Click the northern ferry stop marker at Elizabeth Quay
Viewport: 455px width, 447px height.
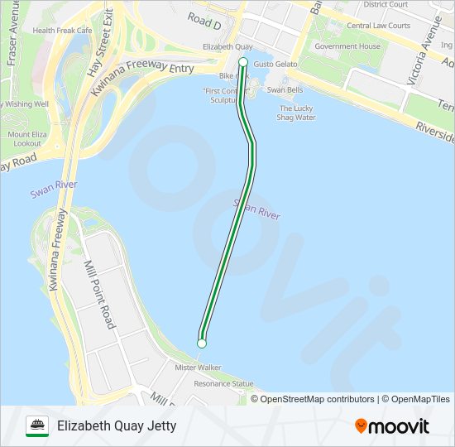coord(243,63)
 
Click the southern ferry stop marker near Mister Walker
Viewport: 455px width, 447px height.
coord(201,343)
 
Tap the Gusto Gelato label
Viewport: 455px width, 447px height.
coord(275,64)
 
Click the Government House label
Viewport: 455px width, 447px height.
coord(347,46)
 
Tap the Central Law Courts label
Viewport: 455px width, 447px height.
coord(379,26)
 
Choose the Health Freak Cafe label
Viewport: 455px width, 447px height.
coord(62,31)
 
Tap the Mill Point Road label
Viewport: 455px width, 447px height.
coord(98,295)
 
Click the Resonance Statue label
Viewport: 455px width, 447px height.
coord(223,383)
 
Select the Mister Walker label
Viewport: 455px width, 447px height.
coord(198,367)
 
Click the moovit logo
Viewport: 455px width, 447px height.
coord(392,426)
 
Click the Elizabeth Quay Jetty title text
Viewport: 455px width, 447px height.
coord(117,426)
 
